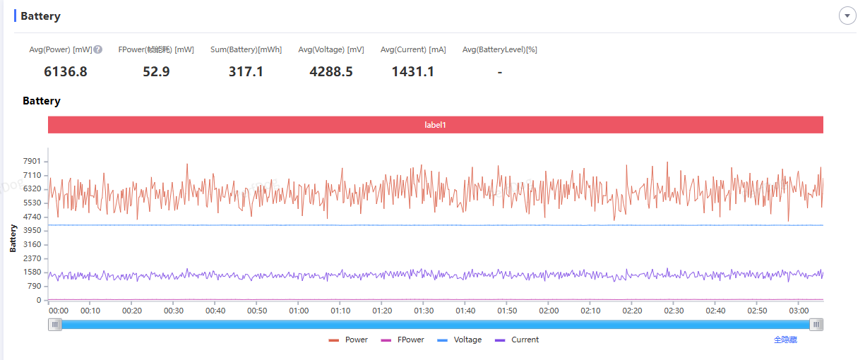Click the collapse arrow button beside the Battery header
coord(847,16)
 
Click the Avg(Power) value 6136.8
coord(66,71)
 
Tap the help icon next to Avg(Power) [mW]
coord(98,49)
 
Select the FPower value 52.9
coord(156,71)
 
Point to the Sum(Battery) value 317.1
coord(246,71)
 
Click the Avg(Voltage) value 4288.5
coord(331,71)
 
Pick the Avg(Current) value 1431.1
coord(413,71)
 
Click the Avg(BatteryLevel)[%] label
coord(500,49)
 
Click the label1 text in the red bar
coord(435,125)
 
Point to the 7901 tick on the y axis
coord(32,162)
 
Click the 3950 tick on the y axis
coord(32,231)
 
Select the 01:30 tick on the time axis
coord(424,311)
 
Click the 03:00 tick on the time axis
coord(799,311)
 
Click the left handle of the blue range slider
coord(55,325)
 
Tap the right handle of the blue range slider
coord(816,325)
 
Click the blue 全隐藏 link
coord(785,340)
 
